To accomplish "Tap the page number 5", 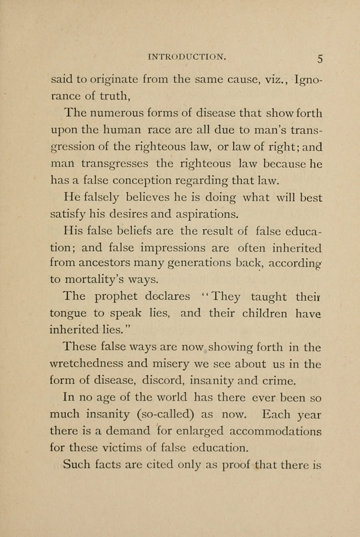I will (x=320, y=59).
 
